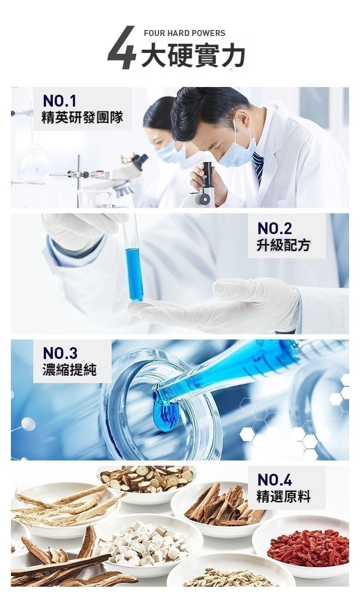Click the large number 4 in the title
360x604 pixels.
click(122, 48)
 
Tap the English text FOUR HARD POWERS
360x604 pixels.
click(185, 33)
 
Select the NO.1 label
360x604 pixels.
click(60, 101)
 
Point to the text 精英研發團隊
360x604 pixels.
click(82, 118)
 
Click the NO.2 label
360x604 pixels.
click(274, 229)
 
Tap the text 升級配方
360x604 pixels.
click(283, 246)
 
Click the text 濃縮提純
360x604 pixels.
click(70, 370)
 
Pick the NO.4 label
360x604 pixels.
click(274, 480)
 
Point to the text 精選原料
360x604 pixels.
click(283, 497)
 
